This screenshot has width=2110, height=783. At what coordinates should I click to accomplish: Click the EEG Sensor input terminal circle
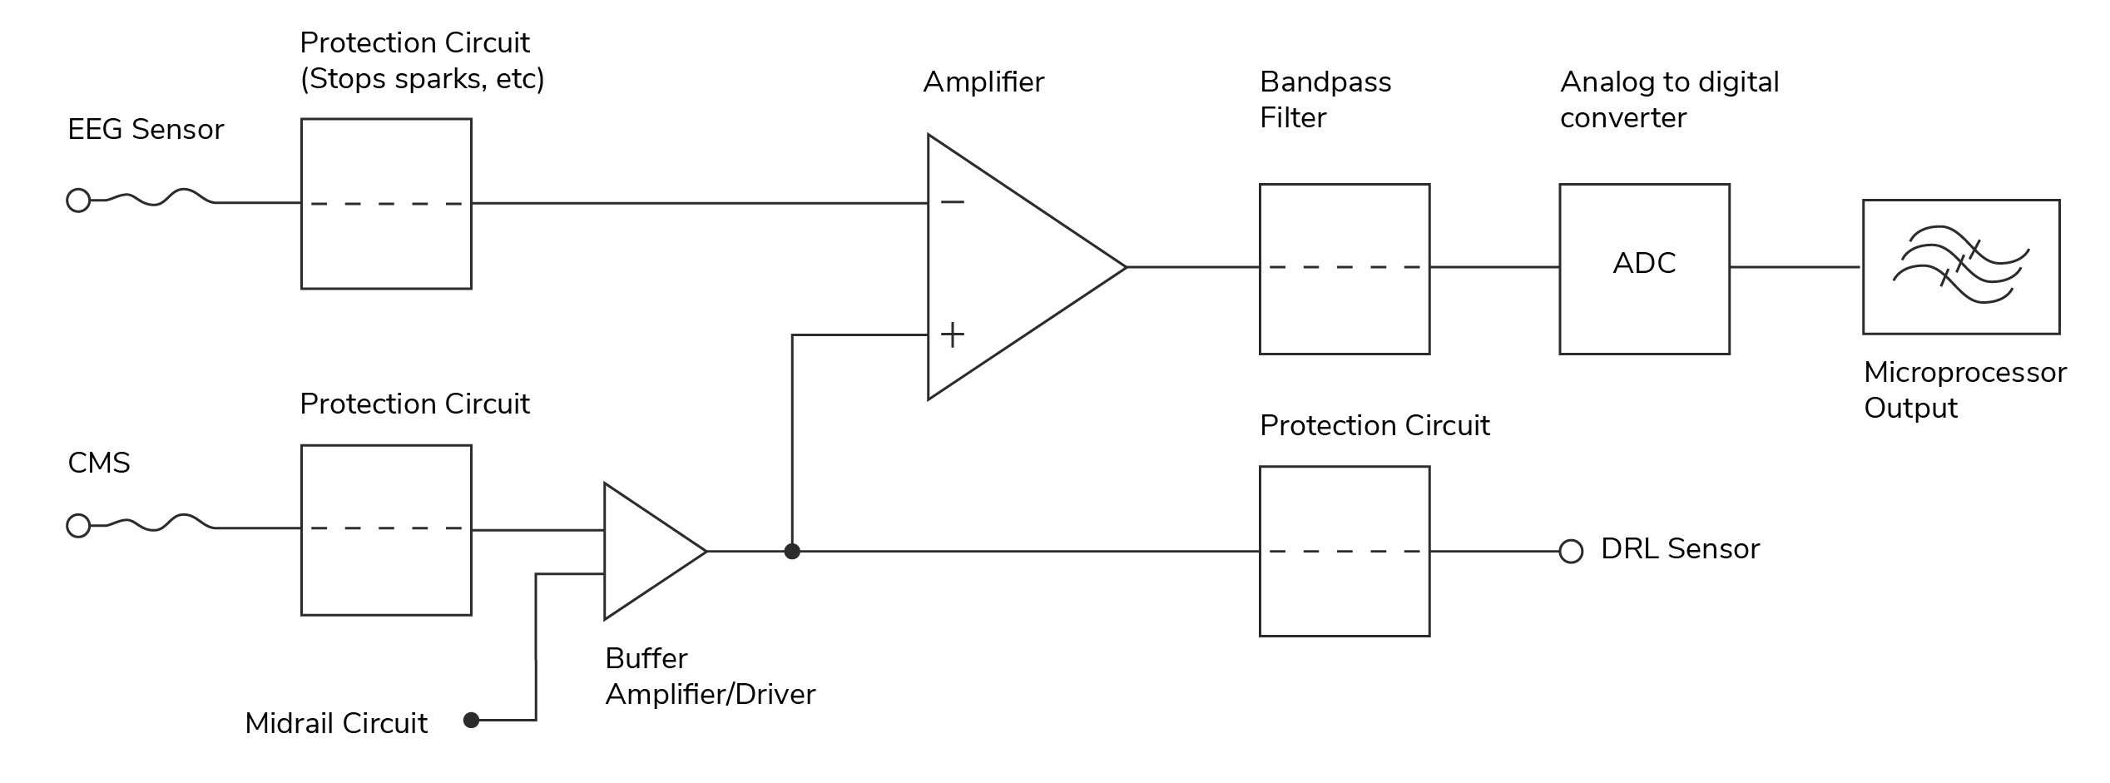[x=78, y=201]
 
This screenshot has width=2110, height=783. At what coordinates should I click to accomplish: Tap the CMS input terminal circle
[x=78, y=526]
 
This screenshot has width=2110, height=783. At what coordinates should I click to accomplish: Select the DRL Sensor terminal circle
[x=1571, y=551]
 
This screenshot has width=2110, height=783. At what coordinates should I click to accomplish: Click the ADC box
[x=1644, y=268]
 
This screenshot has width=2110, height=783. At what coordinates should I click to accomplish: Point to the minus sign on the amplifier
[x=953, y=201]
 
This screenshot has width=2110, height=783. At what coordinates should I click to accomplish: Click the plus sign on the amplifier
[x=953, y=335]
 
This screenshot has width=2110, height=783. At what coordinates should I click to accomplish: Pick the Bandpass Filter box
[x=1345, y=268]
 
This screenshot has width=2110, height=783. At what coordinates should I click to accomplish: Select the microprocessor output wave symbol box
[x=1961, y=266]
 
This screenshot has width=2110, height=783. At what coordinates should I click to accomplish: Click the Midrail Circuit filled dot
[x=472, y=720]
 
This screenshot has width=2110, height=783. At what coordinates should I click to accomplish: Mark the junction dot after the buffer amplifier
[x=792, y=551]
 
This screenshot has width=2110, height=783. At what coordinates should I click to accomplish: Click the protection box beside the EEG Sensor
[x=386, y=204]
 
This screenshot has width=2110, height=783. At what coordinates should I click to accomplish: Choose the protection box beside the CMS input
[x=386, y=530]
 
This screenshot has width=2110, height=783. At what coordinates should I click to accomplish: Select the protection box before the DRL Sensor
[x=1345, y=551]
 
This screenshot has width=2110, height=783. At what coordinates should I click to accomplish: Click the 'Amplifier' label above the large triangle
[x=983, y=82]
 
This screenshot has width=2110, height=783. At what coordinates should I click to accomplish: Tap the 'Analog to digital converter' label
[x=1669, y=100]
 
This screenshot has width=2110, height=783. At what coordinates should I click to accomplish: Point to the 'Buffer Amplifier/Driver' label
[x=710, y=676]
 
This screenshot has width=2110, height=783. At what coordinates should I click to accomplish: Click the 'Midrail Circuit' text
[x=336, y=723]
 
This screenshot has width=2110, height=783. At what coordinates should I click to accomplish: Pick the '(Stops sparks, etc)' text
[x=422, y=79]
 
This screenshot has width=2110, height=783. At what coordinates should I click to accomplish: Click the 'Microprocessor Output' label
[x=1964, y=389]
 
